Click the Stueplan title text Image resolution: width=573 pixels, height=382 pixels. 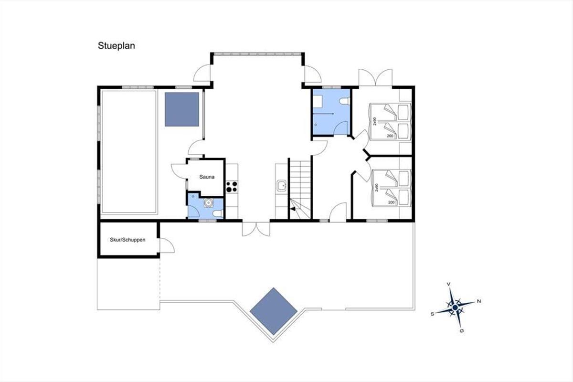pyautogui.click(x=117, y=46)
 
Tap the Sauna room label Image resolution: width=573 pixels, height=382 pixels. pyautogui.click(x=207, y=177)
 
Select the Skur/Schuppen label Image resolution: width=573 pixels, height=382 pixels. pyautogui.click(x=127, y=240)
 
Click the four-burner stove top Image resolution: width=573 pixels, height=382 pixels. pyautogui.click(x=232, y=187)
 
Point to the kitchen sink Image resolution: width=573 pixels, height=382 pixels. pyautogui.click(x=282, y=185)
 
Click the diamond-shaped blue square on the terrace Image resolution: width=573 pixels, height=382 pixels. pyautogui.click(x=274, y=311)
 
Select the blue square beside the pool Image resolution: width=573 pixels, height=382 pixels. pyautogui.click(x=182, y=109)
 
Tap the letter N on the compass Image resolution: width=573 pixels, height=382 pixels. pyautogui.click(x=479, y=301)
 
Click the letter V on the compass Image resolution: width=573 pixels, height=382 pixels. pyautogui.click(x=448, y=284)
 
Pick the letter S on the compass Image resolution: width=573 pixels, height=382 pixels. pyautogui.click(x=432, y=314)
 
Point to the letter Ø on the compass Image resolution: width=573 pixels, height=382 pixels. pyautogui.click(x=462, y=331)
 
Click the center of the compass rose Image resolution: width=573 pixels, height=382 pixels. pyautogui.click(x=455, y=308)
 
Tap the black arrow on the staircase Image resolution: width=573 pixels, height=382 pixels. pyautogui.click(x=293, y=209)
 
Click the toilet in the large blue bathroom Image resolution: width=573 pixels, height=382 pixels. pyautogui.click(x=345, y=101)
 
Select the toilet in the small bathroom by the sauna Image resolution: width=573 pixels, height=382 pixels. pyautogui.click(x=218, y=213)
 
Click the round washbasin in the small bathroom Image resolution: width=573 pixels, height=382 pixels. pyautogui.click(x=209, y=203)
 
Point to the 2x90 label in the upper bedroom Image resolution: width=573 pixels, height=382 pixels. pyautogui.click(x=375, y=121)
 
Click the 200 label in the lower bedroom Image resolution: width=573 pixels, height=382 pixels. pyautogui.click(x=392, y=202)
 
